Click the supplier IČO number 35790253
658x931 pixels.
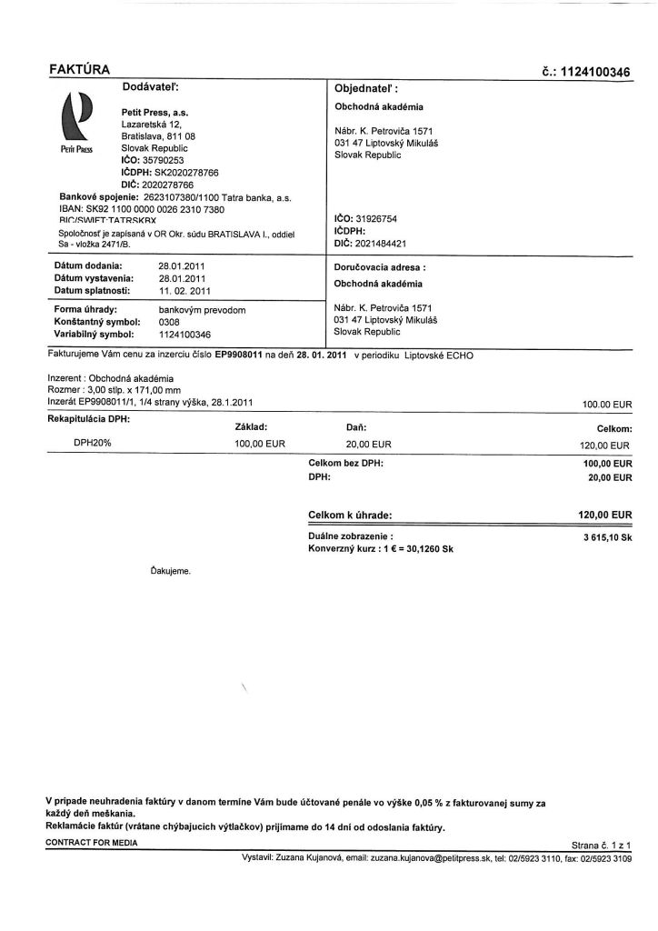point(153,160)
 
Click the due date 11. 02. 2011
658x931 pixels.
point(184,291)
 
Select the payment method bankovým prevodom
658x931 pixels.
point(202,310)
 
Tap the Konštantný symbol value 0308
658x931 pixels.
point(169,322)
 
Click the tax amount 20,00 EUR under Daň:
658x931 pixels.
point(369,445)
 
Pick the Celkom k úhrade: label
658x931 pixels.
point(350,516)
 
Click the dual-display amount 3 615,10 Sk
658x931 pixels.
point(607,538)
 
